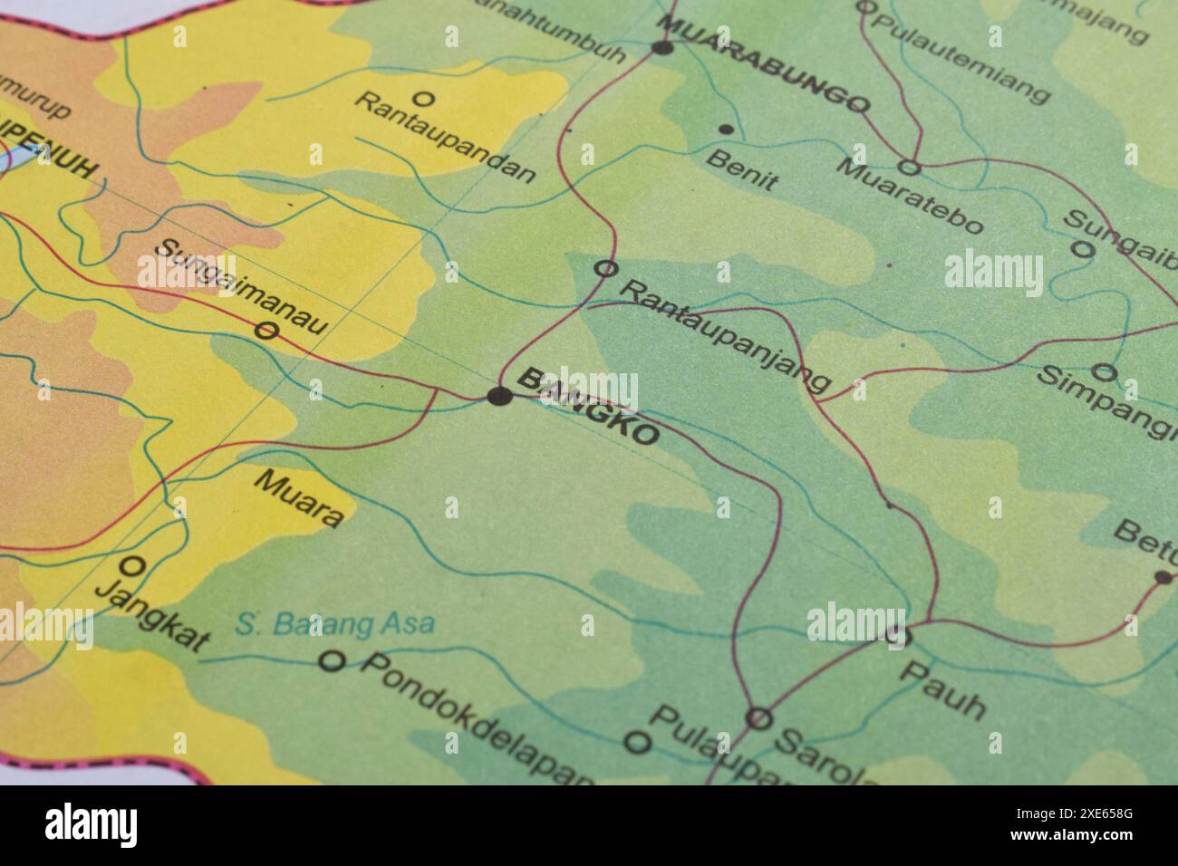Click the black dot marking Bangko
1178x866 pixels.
[498, 396]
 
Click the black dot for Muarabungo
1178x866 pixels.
[662, 46]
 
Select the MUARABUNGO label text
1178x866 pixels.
[764, 63]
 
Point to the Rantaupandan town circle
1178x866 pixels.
[422, 98]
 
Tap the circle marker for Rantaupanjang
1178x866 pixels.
[605, 268]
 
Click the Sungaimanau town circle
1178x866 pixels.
[266, 332]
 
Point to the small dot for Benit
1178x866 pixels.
[725, 130]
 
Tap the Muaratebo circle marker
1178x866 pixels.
[909, 167]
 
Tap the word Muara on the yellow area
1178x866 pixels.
[299, 498]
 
